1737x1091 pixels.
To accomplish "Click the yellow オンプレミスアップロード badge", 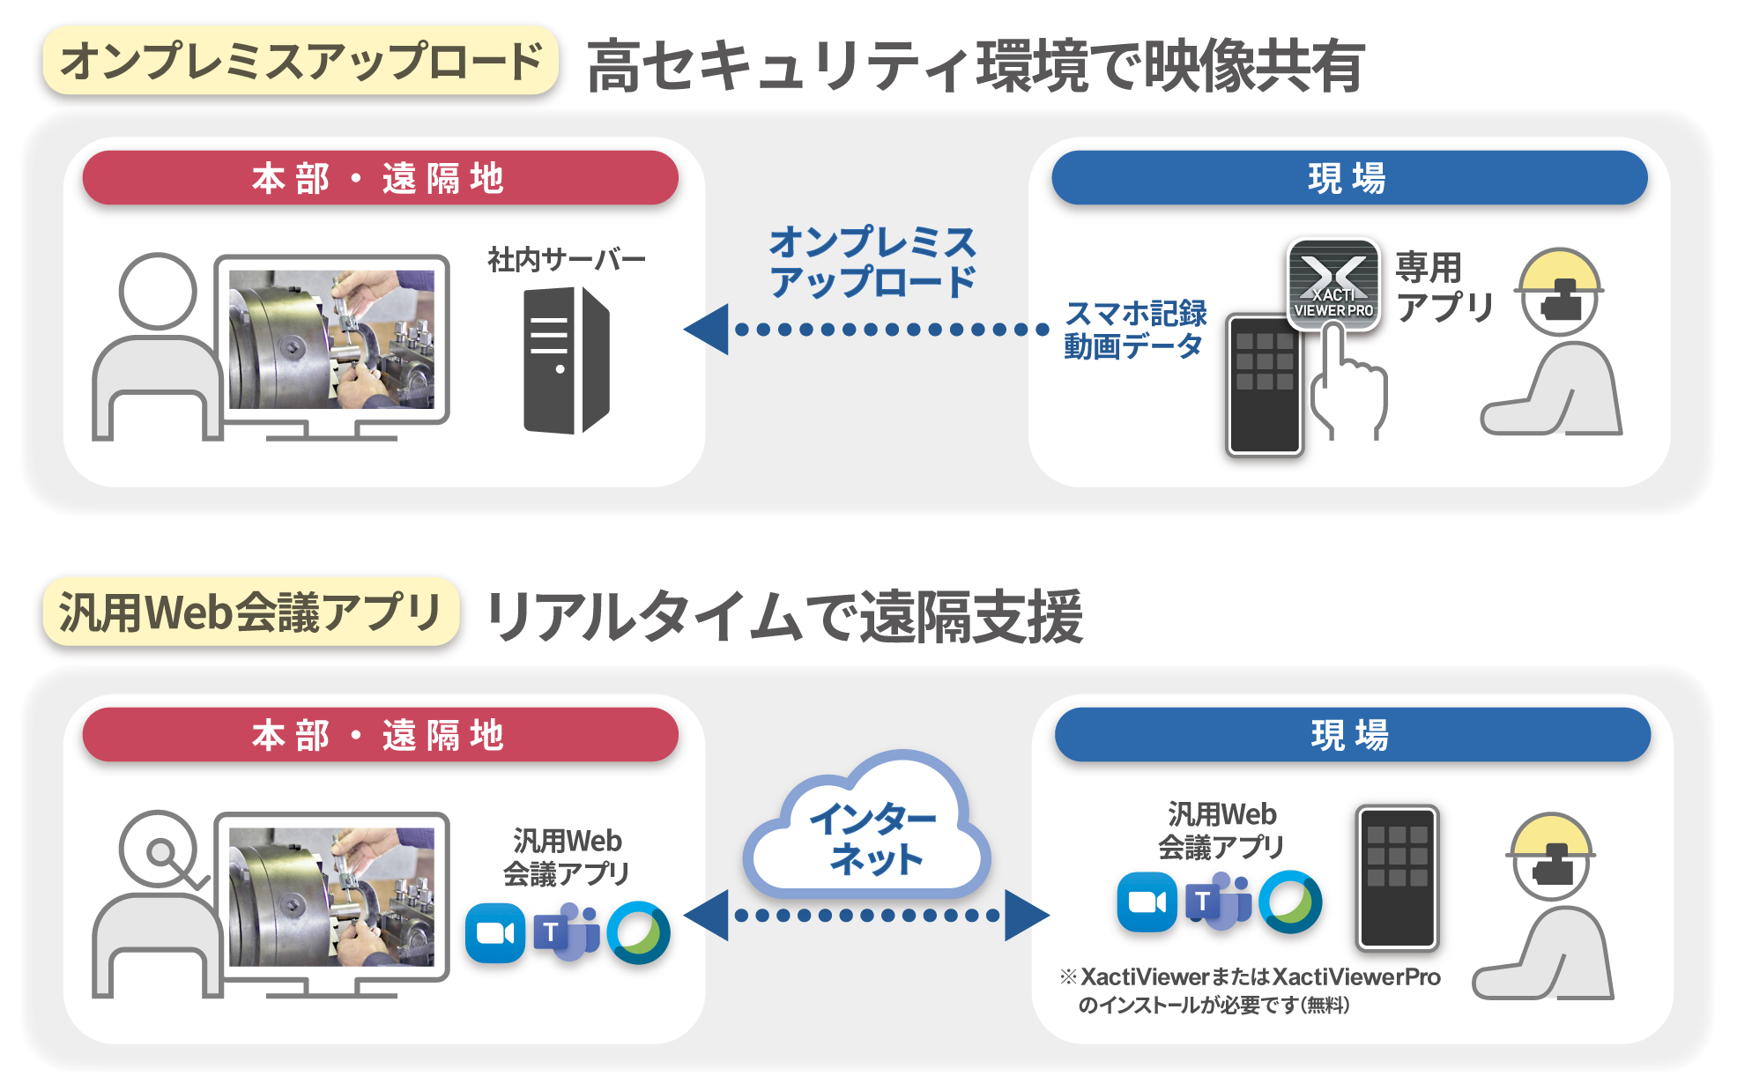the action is coord(300,61).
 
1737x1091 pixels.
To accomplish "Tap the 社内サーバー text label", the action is coord(566,259).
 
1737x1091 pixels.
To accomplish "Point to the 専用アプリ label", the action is coord(1444,287).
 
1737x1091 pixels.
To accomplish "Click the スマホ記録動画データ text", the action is coord(1135,330).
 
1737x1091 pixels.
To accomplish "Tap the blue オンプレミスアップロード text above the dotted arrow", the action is coord(872,262).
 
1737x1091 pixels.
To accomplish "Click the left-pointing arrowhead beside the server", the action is coord(708,330).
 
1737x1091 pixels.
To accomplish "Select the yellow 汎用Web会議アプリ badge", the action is coord(249,613).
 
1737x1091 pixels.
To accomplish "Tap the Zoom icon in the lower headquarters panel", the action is coord(495,932).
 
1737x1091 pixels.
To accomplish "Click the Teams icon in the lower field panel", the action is coord(1219,901).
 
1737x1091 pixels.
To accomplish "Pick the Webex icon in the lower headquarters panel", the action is coord(638,932).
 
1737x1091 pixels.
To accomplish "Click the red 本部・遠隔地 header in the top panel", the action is coord(380,178).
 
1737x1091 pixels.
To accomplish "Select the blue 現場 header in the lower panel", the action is coord(1351,735).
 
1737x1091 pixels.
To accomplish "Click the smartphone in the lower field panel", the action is coord(1397,877).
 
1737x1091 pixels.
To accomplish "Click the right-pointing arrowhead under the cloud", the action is coord(1026,915).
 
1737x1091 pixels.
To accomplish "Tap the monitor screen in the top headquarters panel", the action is coord(331,339).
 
